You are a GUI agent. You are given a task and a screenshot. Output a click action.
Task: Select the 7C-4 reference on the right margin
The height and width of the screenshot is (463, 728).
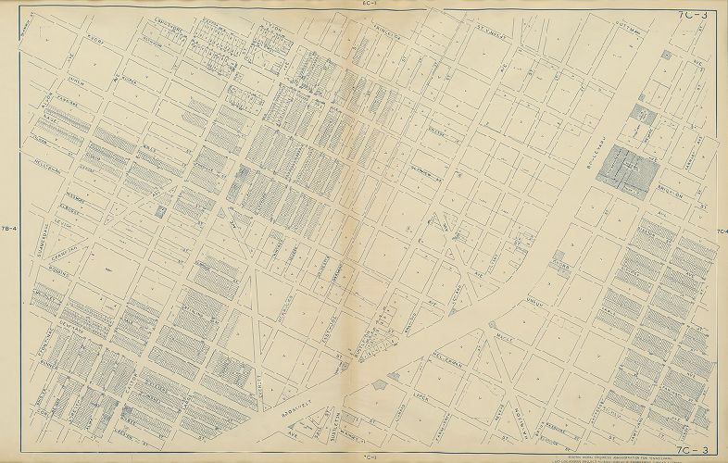tap(720, 231)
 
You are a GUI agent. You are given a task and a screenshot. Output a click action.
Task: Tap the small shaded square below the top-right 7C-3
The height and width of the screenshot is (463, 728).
tap(666, 56)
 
